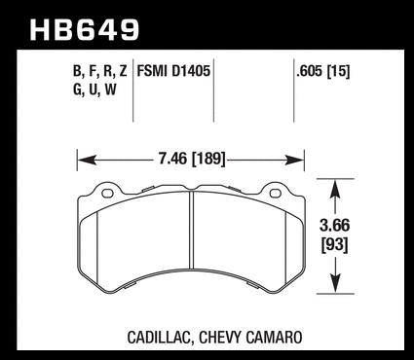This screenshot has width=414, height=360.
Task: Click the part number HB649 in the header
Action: point(85,30)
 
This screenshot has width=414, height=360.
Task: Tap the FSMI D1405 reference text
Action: point(173,71)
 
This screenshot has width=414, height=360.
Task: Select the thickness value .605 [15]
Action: point(323,71)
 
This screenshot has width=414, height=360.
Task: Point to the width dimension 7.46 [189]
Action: point(192,159)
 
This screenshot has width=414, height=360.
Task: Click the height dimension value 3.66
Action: point(334,226)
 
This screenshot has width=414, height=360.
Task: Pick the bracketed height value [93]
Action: point(334,245)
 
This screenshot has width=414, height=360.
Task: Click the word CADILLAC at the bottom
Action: point(159,338)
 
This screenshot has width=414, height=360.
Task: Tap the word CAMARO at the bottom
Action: point(274,338)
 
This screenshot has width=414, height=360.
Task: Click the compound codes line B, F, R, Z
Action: point(99,71)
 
